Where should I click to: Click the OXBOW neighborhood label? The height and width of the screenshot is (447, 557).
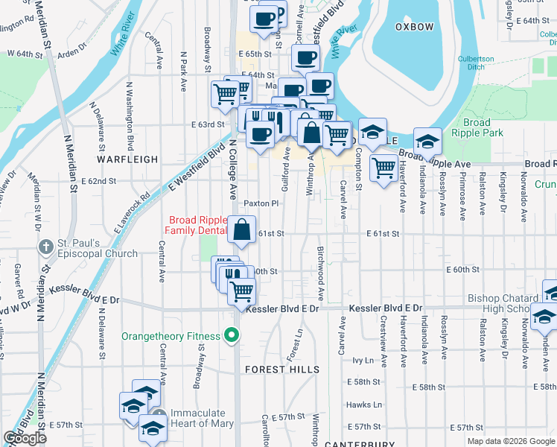(414, 27)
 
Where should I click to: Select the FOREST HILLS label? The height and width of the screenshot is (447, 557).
(282, 370)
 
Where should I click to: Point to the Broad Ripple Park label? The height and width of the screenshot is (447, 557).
(477, 127)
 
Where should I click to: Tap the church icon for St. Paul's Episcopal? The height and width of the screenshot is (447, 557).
(46, 247)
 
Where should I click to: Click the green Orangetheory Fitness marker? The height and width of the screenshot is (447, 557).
(232, 335)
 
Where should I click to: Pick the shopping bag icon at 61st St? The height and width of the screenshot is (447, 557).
(242, 231)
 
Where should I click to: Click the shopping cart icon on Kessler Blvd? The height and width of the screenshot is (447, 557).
(242, 292)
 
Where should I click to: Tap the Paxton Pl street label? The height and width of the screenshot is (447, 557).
(261, 203)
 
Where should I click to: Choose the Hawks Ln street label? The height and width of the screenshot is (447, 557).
(363, 405)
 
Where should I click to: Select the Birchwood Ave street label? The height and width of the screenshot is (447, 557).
(321, 264)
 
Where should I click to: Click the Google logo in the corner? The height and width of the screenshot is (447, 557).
(25, 438)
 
